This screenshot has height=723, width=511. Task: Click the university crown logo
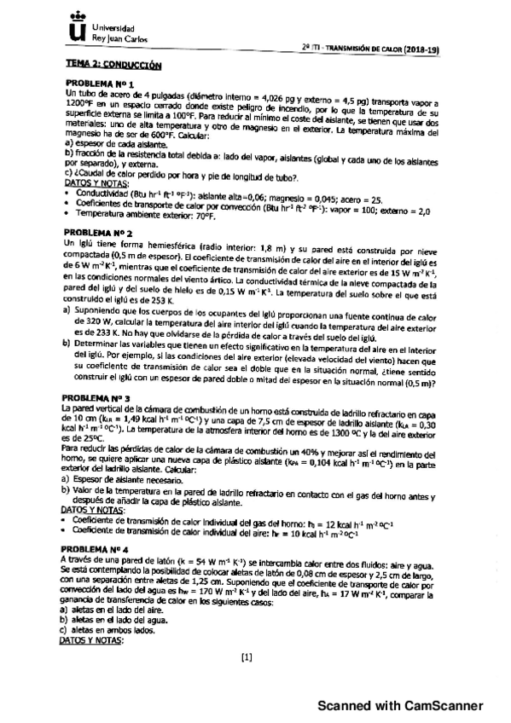pyautogui.click(x=78, y=30)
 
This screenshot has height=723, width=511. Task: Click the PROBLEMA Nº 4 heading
pyautogui.click(x=99, y=550)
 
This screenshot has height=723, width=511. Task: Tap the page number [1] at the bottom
pyautogui.click(x=247, y=656)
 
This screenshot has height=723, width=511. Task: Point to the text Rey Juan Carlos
pyautogui.click(x=116, y=39)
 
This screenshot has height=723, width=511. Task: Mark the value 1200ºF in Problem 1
pyautogui.click(x=79, y=102)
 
